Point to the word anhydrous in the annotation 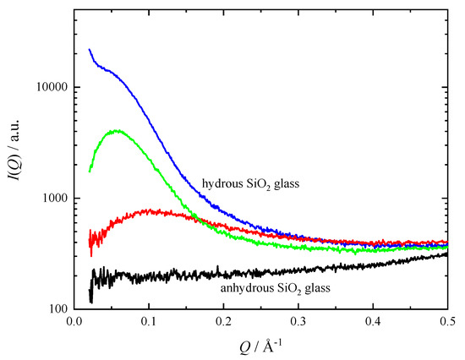click(x=248, y=288)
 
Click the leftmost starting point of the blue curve click(x=90, y=49)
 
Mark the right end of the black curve click(x=447, y=253)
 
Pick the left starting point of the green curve click(x=90, y=172)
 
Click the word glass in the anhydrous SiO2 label click(x=316, y=288)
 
